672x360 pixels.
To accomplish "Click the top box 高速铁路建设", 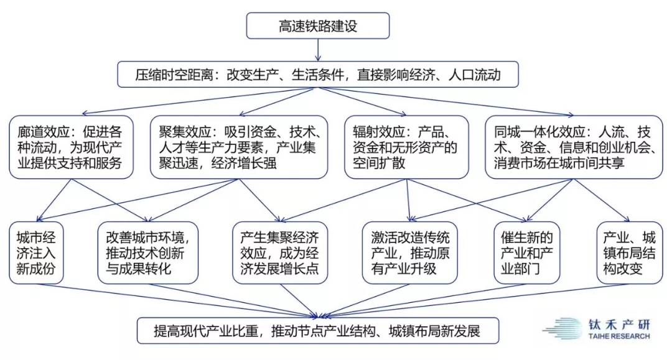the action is [x=317, y=25].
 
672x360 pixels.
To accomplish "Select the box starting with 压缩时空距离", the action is [x=317, y=75].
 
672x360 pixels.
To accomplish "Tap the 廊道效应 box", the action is [x=71, y=147].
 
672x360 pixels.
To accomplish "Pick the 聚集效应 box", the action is [x=239, y=147].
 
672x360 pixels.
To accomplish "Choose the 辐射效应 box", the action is [x=406, y=147].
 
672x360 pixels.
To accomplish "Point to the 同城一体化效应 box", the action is [x=574, y=147].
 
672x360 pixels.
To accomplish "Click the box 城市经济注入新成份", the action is [x=36, y=252].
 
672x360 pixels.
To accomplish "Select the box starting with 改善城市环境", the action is [x=148, y=252].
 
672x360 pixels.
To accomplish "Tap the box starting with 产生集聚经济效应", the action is [x=280, y=252].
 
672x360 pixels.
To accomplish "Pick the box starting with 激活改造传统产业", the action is [x=409, y=252].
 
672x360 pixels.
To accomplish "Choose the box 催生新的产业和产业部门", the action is [x=527, y=252].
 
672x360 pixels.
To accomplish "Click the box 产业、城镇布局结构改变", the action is [x=630, y=252].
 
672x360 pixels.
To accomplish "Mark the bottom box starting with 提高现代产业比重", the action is [x=317, y=330].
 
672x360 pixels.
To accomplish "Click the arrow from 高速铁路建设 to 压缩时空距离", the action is [x=318, y=50].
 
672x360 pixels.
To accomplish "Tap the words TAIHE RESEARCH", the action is [x=619, y=336].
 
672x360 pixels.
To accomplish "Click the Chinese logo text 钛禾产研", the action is [x=619, y=325].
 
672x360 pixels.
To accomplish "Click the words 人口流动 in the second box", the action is [x=474, y=75].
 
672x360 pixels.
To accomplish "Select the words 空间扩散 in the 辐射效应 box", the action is [x=379, y=163].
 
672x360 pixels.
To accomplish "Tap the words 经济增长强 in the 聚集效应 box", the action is [x=244, y=163].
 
